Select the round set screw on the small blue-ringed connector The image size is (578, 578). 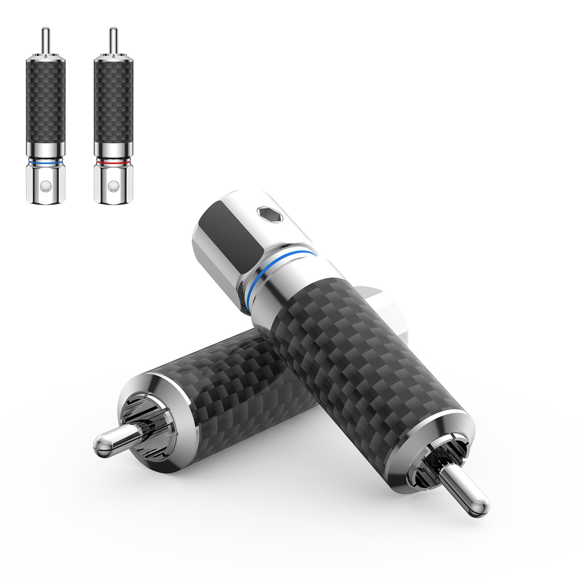(45, 186)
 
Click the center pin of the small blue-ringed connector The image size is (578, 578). (45, 39)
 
